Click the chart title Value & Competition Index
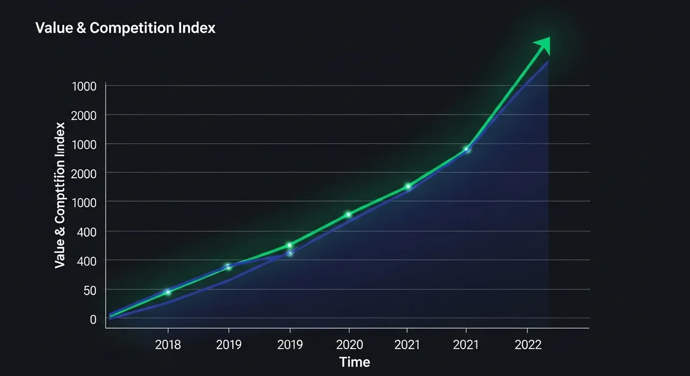125,28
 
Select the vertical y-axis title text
60,195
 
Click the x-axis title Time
355,361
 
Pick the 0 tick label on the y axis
93,319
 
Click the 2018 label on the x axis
168,344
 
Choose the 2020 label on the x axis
349,344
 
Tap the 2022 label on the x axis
528,344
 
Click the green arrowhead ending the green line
542,45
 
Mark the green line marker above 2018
168,293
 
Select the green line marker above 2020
349,214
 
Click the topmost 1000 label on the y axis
84,86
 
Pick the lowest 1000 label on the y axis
84,202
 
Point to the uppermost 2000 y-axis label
84,115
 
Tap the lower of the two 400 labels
86,261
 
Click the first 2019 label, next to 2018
229,344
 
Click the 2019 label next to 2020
290,344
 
